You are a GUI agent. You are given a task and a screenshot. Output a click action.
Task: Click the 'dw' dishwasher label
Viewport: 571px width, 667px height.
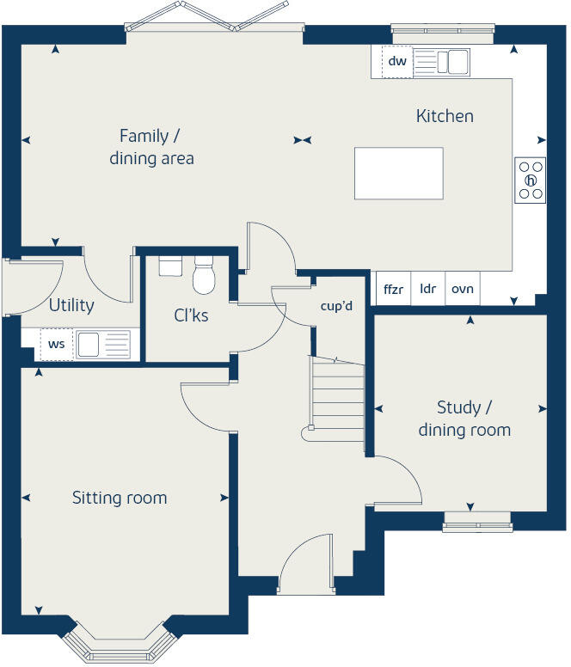coord(396,61)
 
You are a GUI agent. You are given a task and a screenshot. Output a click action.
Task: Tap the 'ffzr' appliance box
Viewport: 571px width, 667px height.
coord(393,290)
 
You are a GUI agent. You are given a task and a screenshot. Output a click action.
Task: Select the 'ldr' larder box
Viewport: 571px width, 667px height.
coord(427,290)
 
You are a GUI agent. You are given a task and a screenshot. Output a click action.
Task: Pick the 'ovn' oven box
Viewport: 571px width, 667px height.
coord(463,290)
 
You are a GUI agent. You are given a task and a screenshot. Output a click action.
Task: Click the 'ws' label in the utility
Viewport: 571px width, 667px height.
coord(56,344)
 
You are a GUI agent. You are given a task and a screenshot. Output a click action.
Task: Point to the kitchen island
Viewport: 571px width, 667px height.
coord(399,173)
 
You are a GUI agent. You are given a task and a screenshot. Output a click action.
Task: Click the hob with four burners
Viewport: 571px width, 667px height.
coord(531,181)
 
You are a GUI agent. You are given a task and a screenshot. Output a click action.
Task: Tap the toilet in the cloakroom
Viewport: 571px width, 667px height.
coord(204,275)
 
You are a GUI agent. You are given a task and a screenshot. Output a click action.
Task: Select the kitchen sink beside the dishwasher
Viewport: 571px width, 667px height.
coord(452,61)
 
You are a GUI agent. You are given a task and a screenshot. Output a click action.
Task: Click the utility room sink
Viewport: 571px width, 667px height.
coord(101,344)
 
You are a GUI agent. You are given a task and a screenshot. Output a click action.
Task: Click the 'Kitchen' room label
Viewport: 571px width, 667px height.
coord(445,116)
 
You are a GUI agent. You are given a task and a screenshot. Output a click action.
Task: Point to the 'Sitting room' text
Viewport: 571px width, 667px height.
coord(120,498)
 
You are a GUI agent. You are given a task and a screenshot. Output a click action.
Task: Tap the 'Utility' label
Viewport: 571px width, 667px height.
coord(71,305)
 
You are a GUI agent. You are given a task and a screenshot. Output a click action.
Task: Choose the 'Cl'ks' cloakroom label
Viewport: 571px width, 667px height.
coord(191,315)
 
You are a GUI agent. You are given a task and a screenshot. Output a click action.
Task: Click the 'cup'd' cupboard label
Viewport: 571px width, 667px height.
coord(337,306)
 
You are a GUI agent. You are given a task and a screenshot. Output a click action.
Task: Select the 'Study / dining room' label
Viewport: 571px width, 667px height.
coord(464,419)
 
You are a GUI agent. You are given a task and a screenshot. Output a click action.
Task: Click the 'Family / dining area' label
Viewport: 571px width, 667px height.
coord(151,147)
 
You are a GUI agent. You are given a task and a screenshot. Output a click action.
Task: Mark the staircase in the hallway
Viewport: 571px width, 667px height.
coord(337,401)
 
